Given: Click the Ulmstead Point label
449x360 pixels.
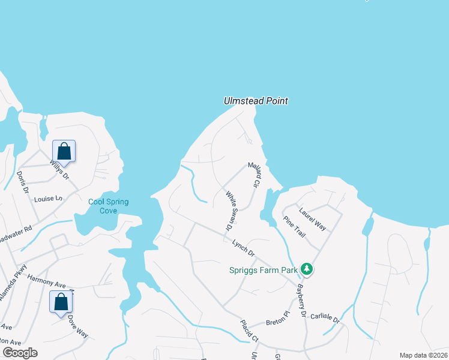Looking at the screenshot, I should point(256,101).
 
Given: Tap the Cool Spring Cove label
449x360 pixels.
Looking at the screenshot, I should point(108,206).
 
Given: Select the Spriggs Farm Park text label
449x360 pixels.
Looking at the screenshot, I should point(264,270).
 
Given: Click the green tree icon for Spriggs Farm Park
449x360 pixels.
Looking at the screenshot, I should point(307,269).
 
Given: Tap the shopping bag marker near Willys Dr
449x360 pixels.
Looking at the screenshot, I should point(64,151).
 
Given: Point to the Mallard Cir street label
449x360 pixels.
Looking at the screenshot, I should point(253,176).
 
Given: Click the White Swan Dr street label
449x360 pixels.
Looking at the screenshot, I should point(231,211).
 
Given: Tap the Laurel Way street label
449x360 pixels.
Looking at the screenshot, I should point(313,220).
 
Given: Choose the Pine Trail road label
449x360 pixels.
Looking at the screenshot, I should point(294,227).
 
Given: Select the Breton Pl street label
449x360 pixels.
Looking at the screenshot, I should point(279,316).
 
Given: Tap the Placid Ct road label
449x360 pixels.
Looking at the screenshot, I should point(249,331).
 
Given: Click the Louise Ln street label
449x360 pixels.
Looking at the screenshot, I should point(48,199).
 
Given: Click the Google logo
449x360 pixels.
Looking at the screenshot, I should point(20,352).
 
